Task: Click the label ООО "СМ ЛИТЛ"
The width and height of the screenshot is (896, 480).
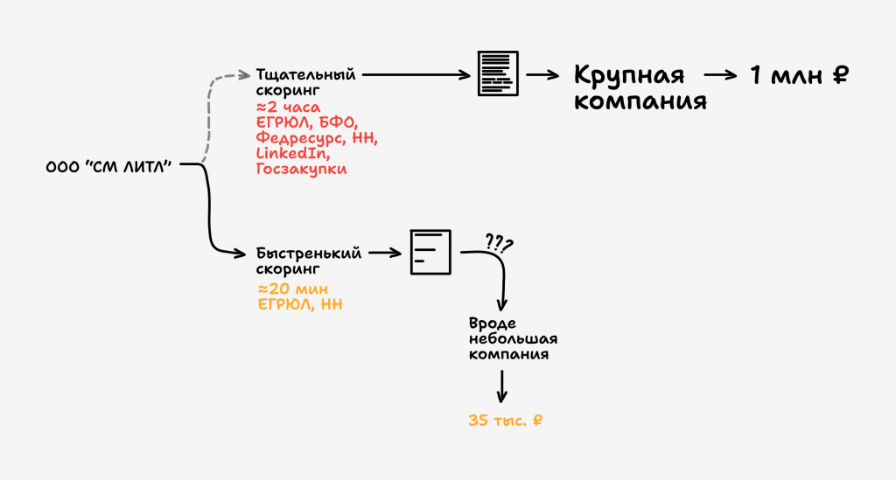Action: pyautogui.click(x=107, y=165)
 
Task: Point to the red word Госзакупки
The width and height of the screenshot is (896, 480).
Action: pyautogui.click(x=301, y=169)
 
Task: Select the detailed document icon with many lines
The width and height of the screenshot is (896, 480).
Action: pyautogui.click(x=497, y=74)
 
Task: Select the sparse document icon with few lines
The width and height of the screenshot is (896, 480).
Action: pyautogui.click(x=430, y=252)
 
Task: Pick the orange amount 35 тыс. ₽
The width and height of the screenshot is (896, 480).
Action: pyautogui.click(x=506, y=421)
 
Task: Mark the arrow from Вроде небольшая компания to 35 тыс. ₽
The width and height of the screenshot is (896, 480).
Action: pyautogui.click(x=502, y=386)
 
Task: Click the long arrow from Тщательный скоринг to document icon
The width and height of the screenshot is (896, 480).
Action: pyautogui.click(x=416, y=75)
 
